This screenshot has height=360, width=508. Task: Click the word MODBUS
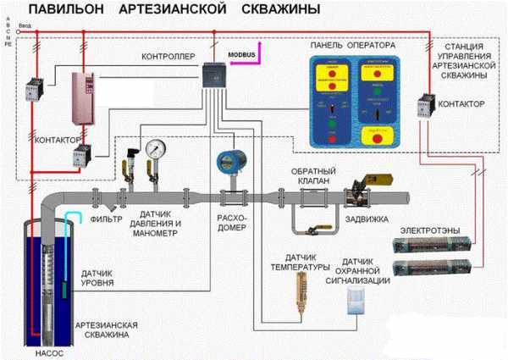(242, 53)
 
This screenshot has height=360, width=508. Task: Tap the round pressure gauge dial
(155, 148)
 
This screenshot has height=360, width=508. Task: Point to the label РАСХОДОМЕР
(231, 222)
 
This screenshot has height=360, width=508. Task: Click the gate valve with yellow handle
(361, 191)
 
